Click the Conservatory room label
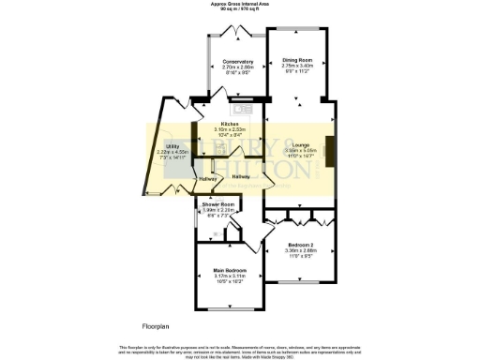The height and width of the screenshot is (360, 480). pos(238,62)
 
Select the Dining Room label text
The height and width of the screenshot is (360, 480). pos(298,60)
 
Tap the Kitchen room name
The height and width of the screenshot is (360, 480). pos(230,124)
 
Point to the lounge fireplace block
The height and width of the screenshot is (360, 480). pos(335,146)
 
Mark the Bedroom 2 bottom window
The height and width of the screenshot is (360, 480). pos(302,282)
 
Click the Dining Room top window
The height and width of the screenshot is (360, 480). pos(298,29)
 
